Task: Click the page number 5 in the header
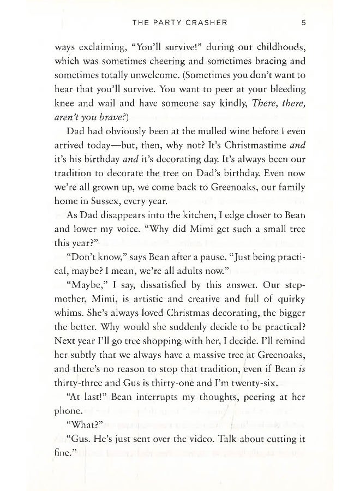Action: click(302, 23)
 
